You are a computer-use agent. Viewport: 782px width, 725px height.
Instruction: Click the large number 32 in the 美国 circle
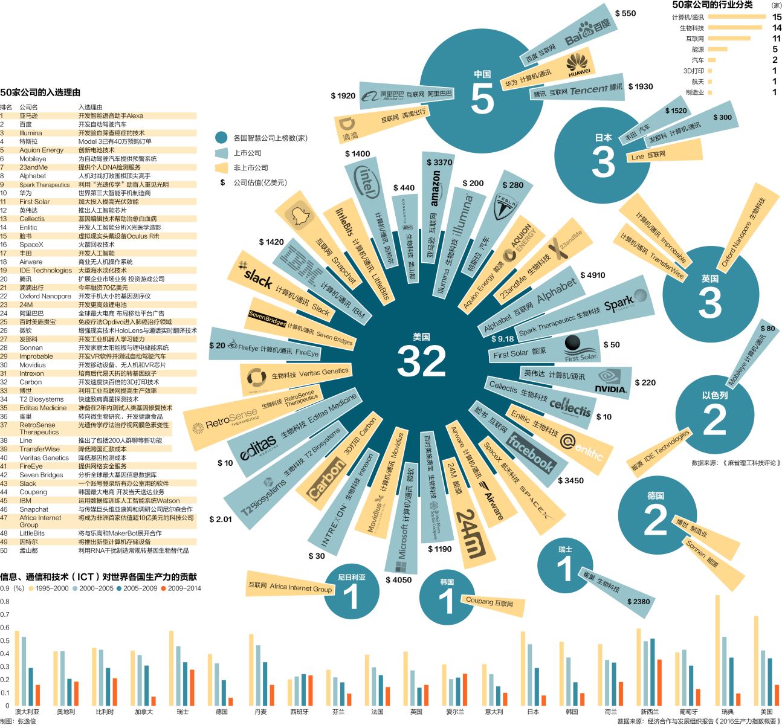pos(421,361)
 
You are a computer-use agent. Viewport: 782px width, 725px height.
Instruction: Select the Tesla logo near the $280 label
pos(505,207)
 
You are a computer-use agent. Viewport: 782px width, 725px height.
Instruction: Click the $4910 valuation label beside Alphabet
pos(592,275)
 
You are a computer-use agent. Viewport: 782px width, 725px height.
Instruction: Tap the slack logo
pos(258,277)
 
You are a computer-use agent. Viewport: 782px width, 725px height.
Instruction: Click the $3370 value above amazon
pos(439,162)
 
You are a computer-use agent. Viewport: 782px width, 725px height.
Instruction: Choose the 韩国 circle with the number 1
pos(447,597)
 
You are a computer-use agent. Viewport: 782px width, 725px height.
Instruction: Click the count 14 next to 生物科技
pos(777,28)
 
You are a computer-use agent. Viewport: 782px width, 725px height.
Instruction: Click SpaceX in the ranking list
pos(31,245)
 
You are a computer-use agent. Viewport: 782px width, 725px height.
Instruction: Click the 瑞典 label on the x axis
pos(727,712)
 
